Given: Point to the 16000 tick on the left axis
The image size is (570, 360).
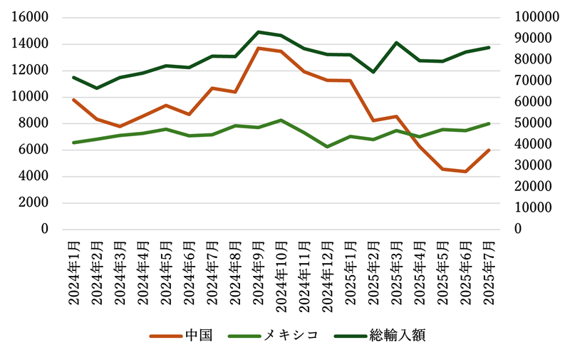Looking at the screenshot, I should (31, 17).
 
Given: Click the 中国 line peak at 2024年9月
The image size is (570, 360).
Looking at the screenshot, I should (258, 48).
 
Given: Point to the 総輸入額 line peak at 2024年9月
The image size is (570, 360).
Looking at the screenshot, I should (258, 32).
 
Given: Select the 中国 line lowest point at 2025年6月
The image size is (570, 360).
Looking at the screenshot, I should (466, 171).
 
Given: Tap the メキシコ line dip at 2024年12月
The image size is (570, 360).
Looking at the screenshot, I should (327, 146).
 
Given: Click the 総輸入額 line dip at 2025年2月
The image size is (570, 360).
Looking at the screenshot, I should (373, 72).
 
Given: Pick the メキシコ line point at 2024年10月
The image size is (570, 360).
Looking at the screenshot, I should (281, 120).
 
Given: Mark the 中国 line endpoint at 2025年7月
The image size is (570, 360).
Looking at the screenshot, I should (489, 150).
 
